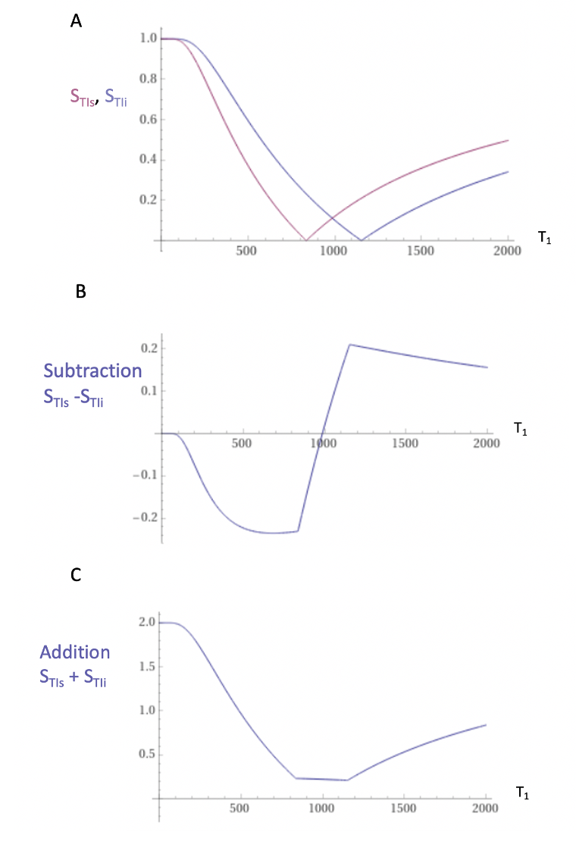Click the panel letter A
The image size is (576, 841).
[76, 21]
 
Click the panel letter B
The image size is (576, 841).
[81, 291]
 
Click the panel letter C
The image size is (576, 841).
[76, 574]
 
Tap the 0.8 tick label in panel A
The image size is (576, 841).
[149, 78]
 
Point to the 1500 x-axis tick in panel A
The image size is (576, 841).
[421, 251]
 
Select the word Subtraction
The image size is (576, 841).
[92, 370]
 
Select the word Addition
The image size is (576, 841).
[75, 652]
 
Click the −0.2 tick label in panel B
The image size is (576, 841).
[145, 517]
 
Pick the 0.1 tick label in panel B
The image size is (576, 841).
[149, 390]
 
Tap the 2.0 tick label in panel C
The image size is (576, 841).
[147, 622]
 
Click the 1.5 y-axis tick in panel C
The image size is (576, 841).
[147, 666]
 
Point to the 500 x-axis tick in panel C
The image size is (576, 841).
[239, 808]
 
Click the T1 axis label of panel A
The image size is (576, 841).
[545, 238]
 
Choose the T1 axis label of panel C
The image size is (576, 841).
[522, 793]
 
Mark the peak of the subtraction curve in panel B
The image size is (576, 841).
[349, 344]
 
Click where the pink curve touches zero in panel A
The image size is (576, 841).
[305, 239]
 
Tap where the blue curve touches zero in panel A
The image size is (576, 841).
[362, 239]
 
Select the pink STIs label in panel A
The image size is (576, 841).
[83, 97]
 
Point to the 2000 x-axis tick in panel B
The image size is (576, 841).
[487, 443]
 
